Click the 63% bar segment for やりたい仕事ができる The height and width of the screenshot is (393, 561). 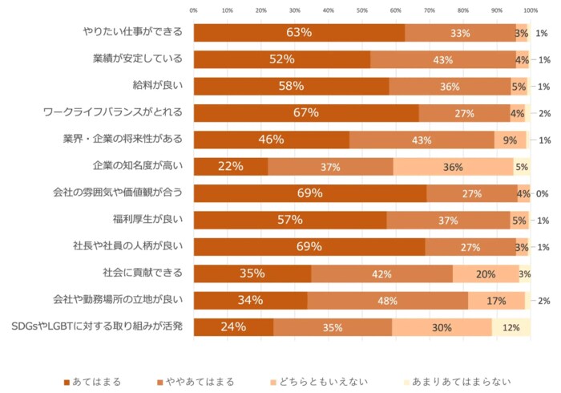point(299,33)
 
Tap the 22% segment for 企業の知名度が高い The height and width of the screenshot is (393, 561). point(230,166)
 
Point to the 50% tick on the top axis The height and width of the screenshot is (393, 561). point(362,11)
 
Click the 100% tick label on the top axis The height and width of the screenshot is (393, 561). point(530,11)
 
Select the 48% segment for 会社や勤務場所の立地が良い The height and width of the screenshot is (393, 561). point(387,301)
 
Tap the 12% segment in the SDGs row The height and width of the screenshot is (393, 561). point(511,327)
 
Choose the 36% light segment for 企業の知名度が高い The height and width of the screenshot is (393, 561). point(454,166)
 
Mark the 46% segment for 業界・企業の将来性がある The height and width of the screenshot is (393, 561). point(271,140)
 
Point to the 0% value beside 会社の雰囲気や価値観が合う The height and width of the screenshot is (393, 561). point(542,193)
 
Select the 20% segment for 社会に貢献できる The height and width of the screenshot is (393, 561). point(486,273)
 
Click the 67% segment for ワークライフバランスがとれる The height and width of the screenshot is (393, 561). point(306,113)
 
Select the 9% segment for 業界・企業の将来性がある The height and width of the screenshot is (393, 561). point(510,140)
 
